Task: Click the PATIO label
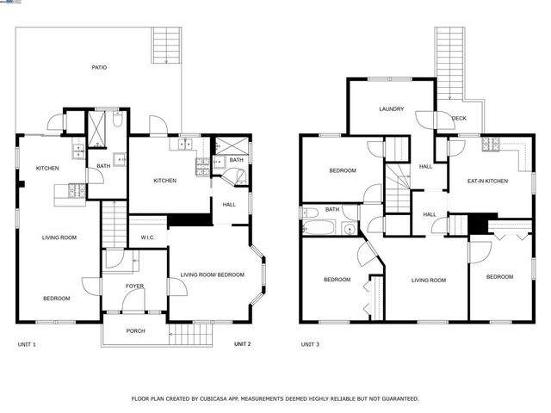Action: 100,67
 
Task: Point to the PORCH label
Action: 135,330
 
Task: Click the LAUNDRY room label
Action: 392,109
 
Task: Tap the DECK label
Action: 460,119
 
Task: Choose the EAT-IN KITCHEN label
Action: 487,182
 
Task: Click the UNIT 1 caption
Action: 27,344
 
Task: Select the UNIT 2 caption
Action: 242,344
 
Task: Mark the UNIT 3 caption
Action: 310,344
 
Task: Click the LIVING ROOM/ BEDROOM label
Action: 212,275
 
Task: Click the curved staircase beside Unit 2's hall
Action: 234,178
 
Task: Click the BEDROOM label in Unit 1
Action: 57,298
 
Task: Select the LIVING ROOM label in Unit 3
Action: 428,280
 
